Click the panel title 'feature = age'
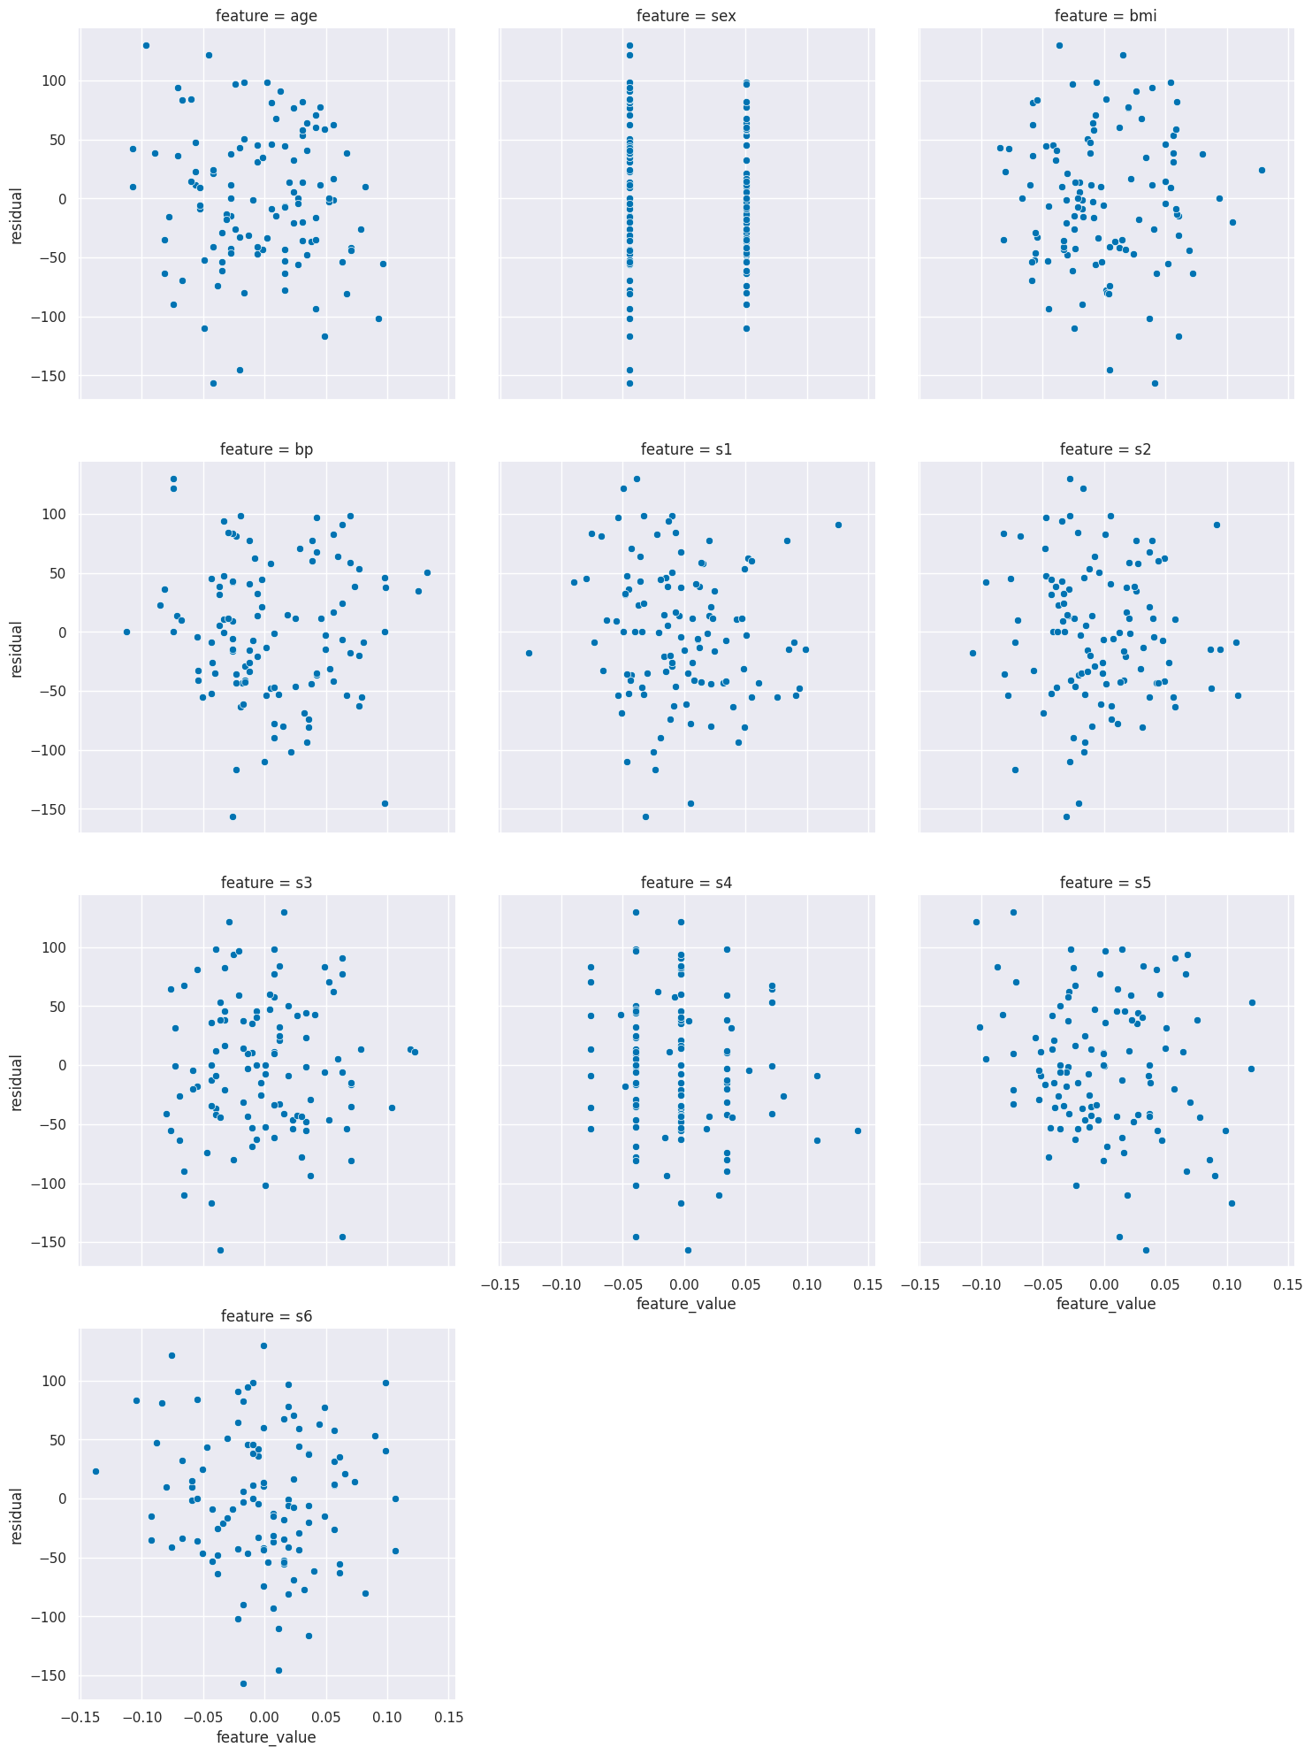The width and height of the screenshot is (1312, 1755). coord(266,16)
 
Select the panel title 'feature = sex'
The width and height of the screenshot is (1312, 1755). coord(686,16)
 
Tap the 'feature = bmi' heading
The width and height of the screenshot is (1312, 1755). coord(1106,16)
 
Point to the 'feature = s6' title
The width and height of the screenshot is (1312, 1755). coord(266,1316)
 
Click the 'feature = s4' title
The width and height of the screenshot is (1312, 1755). coord(686,883)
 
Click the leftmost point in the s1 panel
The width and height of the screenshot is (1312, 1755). coord(529,653)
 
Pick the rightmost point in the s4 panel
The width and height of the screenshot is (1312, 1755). coord(858,1130)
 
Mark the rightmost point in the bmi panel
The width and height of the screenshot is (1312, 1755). coord(1262,170)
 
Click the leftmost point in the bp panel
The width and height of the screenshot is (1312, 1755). coord(126,632)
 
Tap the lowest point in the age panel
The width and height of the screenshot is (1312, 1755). coord(213,383)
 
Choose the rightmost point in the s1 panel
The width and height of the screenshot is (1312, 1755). coord(838,525)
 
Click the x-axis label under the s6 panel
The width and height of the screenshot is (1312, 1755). coord(266,1736)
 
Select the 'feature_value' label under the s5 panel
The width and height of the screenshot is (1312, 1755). coord(1106,1303)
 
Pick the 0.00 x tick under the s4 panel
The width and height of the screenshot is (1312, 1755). coord(684,1284)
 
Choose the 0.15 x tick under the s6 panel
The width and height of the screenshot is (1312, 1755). coord(448,1717)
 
